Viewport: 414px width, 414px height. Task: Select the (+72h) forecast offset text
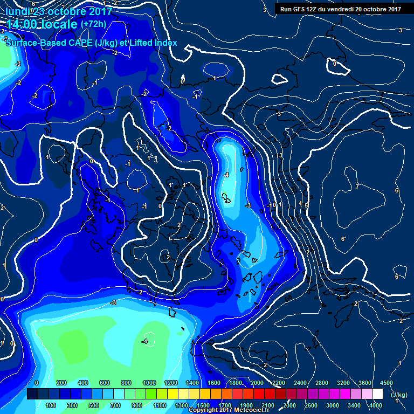pyautogui.click(x=93, y=24)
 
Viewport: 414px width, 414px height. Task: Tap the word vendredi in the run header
pyautogui.click(x=353, y=9)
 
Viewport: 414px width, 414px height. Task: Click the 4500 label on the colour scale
pyautogui.click(x=386, y=383)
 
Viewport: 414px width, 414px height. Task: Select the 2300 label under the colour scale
pyautogui.click(x=289, y=405)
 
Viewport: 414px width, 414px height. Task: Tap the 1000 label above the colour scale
pyautogui.click(x=149, y=383)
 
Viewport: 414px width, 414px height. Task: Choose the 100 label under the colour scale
pyautogui.click(x=51, y=405)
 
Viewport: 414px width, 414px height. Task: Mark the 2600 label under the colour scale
pyautogui.click(x=311, y=405)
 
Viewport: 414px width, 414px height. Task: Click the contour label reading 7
pyautogui.click(x=357, y=187)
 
